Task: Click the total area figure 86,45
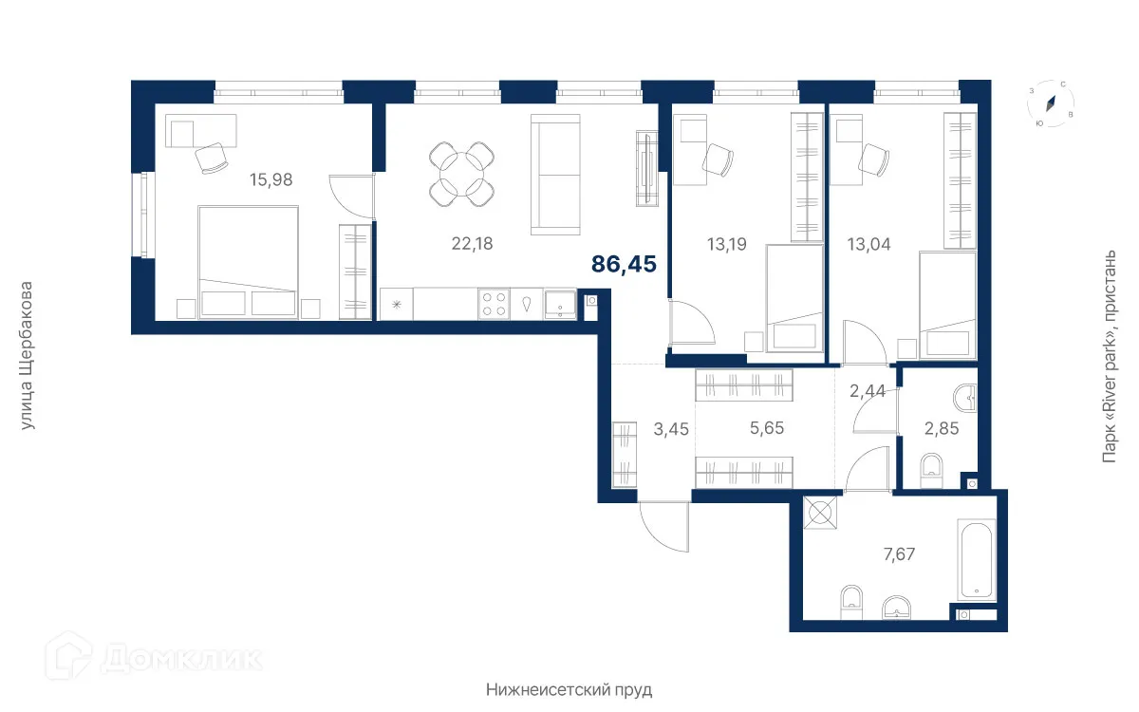(x=624, y=265)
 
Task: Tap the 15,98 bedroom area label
(x=271, y=179)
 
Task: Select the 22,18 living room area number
(x=472, y=244)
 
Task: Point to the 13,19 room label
(x=727, y=244)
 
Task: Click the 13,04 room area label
(x=869, y=244)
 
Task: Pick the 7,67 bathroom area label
(x=899, y=553)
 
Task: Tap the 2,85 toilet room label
(x=942, y=429)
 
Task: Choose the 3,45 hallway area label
(x=671, y=429)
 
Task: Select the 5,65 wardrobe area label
(x=767, y=428)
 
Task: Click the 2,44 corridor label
(x=868, y=390)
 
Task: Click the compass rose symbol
(x=1051, y=103)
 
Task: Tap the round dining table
(x=461, y=174)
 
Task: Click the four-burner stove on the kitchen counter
(x=494, y=304)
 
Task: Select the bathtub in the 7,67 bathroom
(x=977, y=560)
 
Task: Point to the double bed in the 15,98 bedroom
(x=248, y=262)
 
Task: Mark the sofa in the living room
(x=555, y=175)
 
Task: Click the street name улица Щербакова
(x=26, y=355)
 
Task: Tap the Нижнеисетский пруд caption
(x=569, y=690)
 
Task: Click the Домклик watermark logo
(x=154, y=657)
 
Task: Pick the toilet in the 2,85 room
(x=931, y=471)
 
